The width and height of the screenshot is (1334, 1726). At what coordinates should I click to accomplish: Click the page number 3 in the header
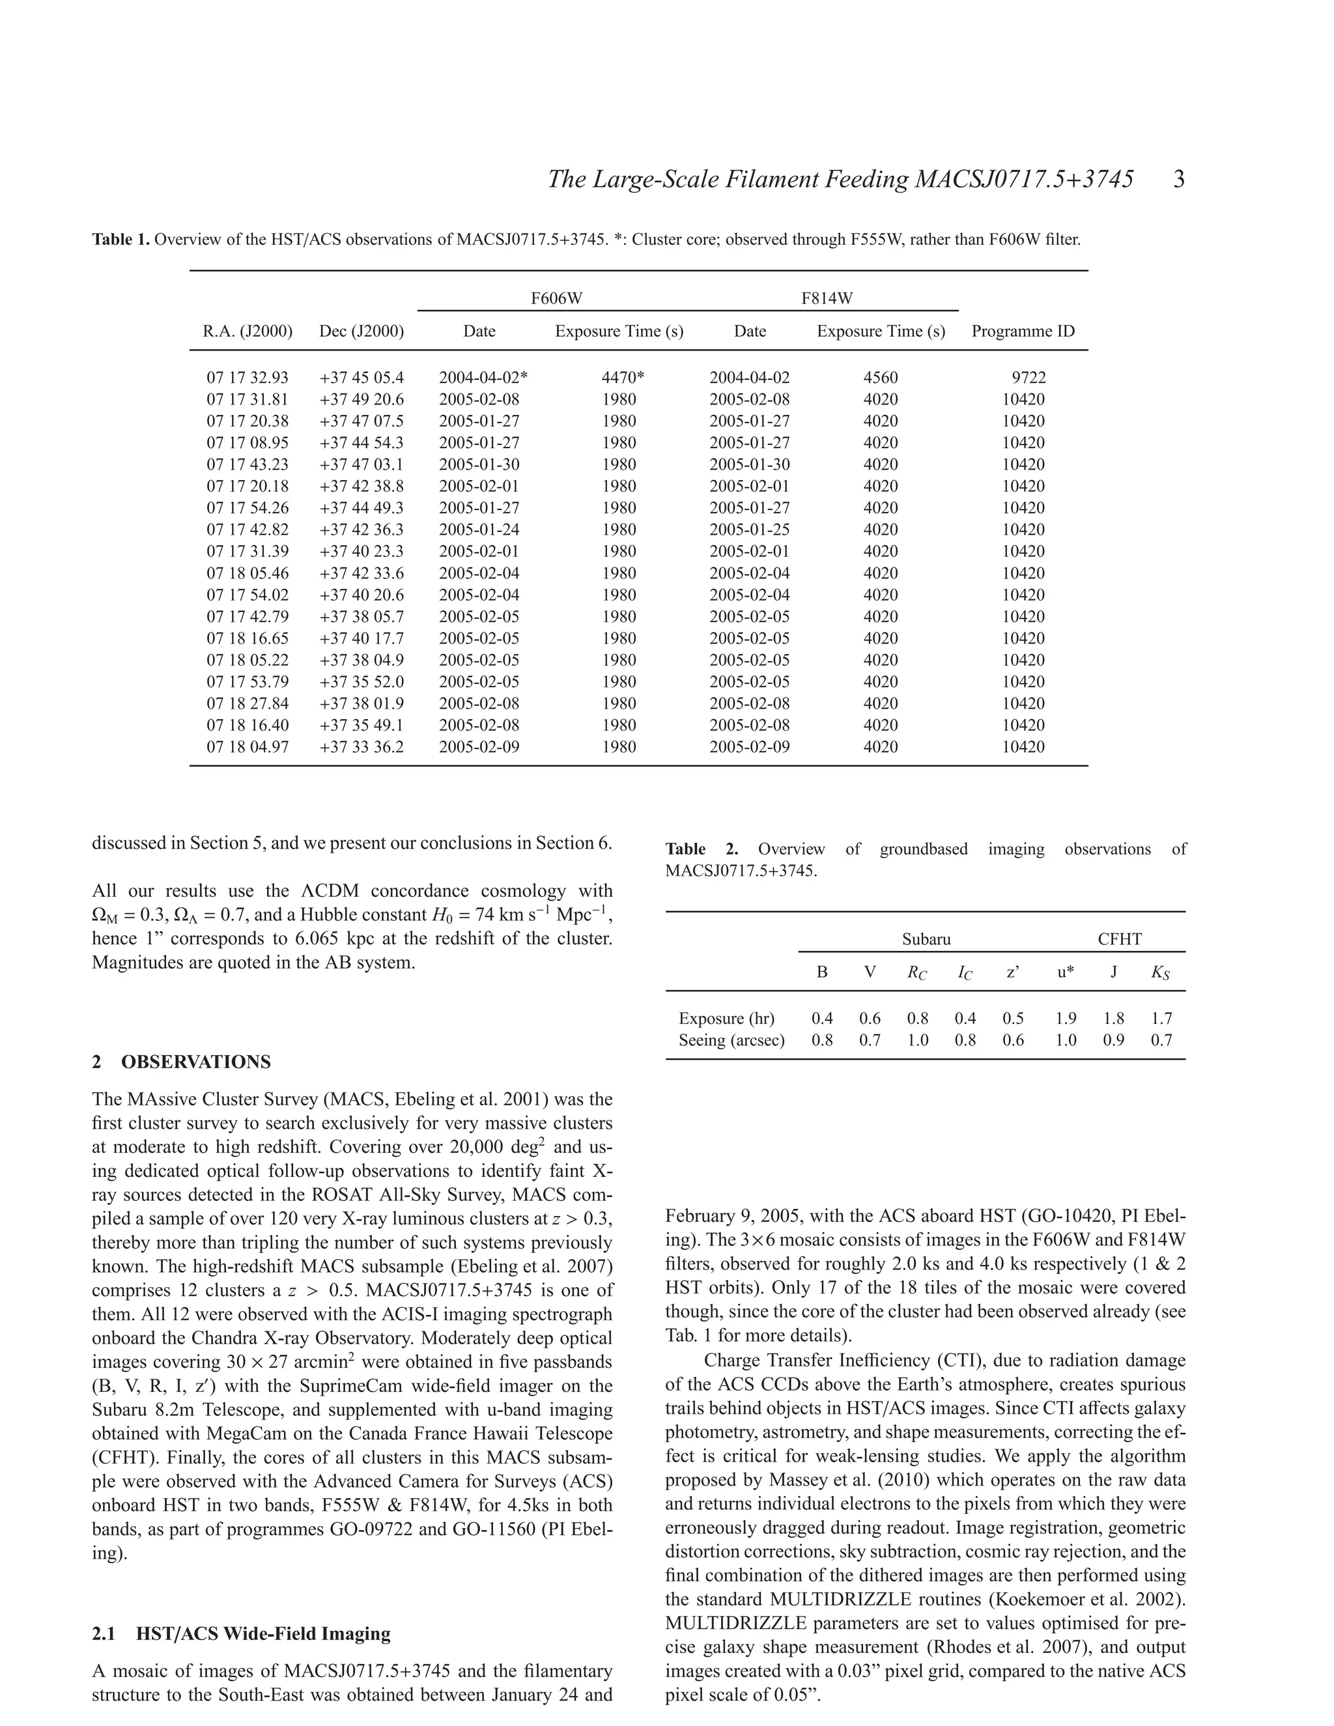1178,180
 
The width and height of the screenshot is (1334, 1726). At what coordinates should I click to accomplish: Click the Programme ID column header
1023,331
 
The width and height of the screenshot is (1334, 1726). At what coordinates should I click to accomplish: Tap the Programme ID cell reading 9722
1028,378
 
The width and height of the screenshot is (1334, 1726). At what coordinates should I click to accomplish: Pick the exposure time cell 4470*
623,378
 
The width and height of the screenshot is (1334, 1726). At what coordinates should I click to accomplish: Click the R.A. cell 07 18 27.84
248,703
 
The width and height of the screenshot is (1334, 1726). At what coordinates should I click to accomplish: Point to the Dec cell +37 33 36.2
361,747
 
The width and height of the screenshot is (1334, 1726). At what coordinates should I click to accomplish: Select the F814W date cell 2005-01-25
749,530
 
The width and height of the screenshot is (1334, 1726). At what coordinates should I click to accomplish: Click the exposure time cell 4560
881,378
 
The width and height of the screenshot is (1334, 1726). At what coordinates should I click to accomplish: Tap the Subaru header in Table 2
926,939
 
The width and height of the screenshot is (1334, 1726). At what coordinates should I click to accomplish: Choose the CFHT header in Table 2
1119,939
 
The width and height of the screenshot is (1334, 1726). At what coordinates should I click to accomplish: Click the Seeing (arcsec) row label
731,1040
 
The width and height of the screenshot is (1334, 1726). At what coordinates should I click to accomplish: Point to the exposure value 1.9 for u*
1066,1019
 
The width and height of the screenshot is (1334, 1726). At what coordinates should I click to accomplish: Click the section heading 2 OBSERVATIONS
181,1062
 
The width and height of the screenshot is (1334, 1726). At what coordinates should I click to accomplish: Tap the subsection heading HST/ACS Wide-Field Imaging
263,1634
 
